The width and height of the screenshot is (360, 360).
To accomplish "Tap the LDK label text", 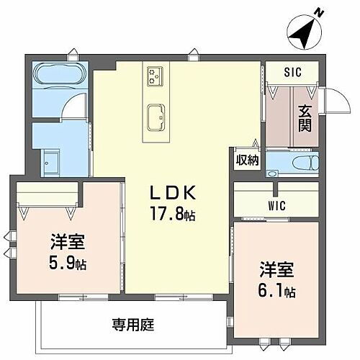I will click(x=172, y=192).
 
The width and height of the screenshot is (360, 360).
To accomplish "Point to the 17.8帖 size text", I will click(x=172, y=213).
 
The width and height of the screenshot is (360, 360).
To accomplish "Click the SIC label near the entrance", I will click(x=292, y=71).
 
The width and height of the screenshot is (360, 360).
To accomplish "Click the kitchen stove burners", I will click(x=155, y=73).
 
